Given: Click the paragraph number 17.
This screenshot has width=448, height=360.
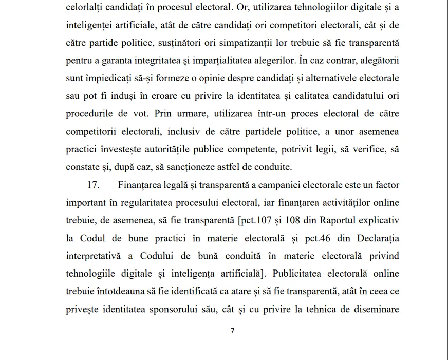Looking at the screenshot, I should (92, 184).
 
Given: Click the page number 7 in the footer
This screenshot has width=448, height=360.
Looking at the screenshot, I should (233, 331).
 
